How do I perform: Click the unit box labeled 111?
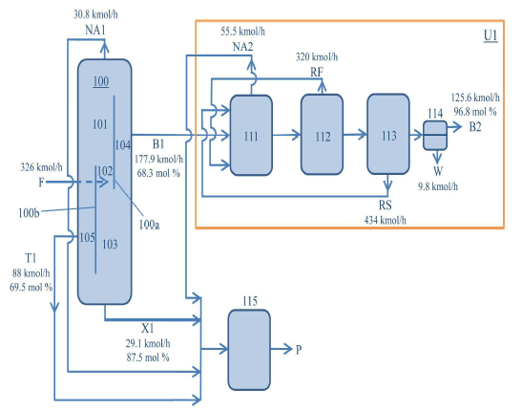click(251, 135)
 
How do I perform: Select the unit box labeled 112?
click(322, 135)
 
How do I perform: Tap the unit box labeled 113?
click(388, 134)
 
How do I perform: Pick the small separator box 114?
click(435, 136)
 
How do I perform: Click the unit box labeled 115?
click(249, 350)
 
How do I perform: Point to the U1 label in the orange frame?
click(491, 35)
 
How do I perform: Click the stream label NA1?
click(95, 31)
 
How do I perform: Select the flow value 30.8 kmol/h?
click(95, 14)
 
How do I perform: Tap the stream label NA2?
click(242, 47)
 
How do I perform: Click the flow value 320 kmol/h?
click(317, 57)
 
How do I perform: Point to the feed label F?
click(41, 183)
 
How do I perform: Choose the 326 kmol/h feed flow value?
click(41, 166)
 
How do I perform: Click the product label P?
click(299, 350)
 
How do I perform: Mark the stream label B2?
click(475, 127)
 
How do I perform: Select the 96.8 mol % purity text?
click(475, 112)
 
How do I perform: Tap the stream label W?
click(438, 171)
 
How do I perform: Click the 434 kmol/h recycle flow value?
click(386, 220)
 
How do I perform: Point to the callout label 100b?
click(29, 213)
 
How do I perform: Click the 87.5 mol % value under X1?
click(148, 358)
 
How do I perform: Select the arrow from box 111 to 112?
click(286, 135)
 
